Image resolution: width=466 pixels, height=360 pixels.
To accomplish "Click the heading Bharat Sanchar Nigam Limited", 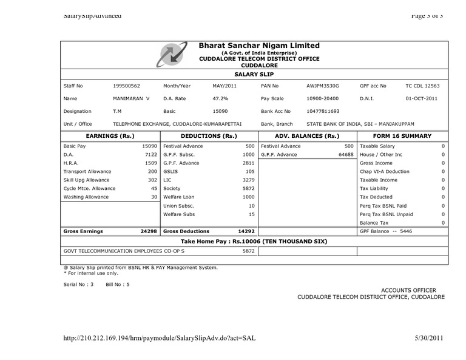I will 259,46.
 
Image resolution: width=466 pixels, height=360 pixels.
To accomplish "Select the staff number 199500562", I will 126,86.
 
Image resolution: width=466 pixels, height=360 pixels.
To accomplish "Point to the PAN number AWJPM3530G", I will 323,86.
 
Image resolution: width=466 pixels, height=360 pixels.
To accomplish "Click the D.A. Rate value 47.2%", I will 220,98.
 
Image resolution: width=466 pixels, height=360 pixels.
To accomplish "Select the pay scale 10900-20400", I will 323,98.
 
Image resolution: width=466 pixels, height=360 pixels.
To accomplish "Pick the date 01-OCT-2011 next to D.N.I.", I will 422,98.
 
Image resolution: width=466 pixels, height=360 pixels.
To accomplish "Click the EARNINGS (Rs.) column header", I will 110,136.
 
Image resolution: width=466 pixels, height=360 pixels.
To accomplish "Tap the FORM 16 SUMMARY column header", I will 402,136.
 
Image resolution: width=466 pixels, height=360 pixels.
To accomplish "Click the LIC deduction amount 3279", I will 248,180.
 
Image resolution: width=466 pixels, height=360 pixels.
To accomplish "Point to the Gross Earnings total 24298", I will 148,231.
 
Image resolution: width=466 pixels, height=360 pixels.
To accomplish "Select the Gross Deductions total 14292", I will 245,231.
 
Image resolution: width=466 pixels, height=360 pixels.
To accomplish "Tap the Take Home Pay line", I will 254,241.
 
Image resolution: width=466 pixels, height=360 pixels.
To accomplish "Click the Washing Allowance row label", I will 86,197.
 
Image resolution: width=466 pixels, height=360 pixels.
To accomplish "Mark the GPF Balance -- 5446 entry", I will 386,231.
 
